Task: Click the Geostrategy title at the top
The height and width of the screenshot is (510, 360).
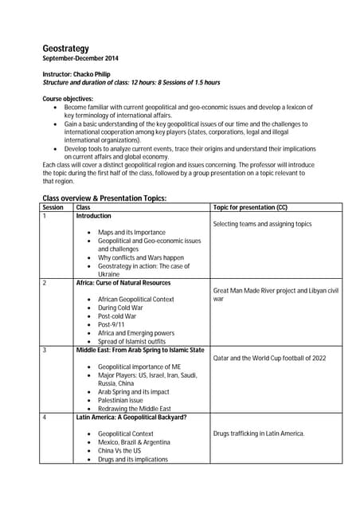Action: [66, 49]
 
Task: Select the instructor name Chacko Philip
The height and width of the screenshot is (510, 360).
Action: [94, 74]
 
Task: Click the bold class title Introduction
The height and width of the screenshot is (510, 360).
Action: [93, 216]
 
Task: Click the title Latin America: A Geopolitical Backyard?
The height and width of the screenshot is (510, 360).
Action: [131, 417]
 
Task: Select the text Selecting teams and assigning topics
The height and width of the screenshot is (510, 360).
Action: [262, 225]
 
